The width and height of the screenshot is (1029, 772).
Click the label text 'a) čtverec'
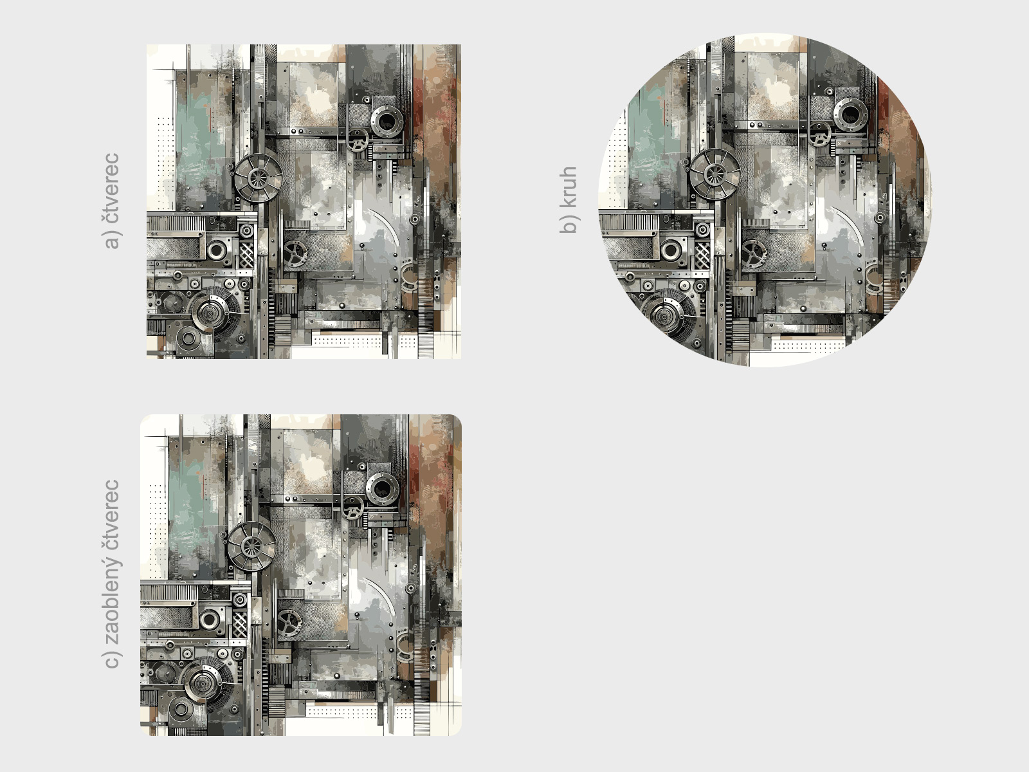111,201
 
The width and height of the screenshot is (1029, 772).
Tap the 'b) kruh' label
569,199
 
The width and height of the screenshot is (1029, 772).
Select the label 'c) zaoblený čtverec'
111,574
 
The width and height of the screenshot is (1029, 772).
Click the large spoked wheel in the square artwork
259,178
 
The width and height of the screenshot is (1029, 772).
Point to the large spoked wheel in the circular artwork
715,174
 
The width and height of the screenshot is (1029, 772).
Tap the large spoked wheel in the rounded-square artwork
251,547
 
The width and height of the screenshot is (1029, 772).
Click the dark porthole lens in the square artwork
387,122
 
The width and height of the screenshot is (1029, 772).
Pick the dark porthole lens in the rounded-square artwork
383,489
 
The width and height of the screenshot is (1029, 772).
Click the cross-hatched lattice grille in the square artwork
246,255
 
